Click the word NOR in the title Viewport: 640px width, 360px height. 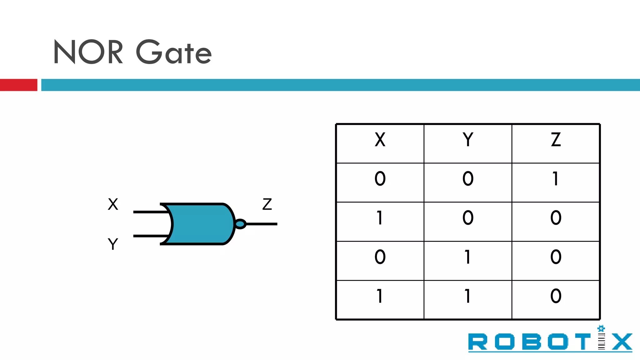tap(88, 52)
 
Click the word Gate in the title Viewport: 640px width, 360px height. tap(174, 52)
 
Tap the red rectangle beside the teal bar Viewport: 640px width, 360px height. tap(18, 85)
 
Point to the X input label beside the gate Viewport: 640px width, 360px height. tap(113, 204)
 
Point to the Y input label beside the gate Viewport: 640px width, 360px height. tap(113, 244)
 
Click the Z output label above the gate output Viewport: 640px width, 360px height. tap(267, 204)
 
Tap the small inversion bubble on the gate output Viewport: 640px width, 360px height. tap(240, 224)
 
